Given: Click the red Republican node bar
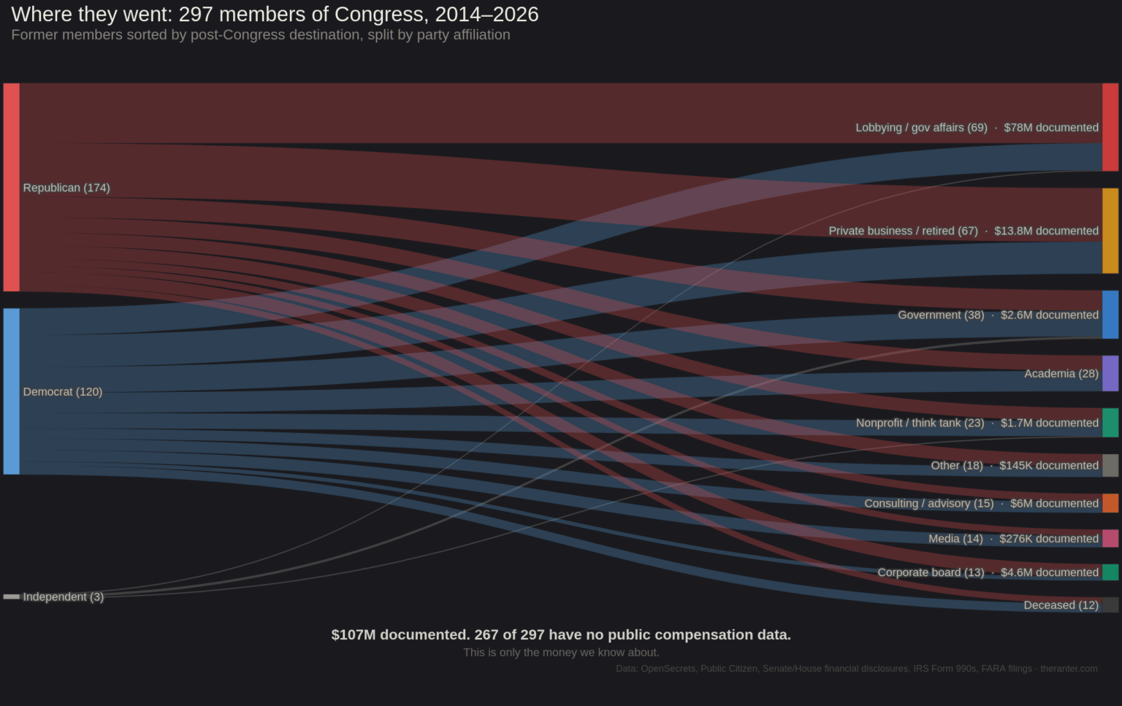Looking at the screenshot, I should [11, 187].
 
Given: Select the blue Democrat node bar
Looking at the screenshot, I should [11, 391].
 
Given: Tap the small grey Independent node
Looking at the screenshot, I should [11, 596].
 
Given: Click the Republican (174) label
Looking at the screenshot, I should [66, 188].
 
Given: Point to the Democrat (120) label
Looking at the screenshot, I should [63, 391].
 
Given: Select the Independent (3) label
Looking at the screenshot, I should [64, 596].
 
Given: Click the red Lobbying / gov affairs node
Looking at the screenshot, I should [1110, 127].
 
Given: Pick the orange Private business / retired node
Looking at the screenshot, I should [1110, 231].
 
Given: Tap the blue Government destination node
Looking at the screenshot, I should [1110, 315].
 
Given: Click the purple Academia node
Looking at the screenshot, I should [1110, 373].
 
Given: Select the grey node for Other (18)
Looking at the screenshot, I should [1110, 465].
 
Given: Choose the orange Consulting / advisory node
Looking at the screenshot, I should [1110, 503].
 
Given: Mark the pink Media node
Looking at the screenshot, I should [1110, 538].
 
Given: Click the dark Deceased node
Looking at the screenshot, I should [1110, 605].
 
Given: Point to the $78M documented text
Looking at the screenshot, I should [1051, 128].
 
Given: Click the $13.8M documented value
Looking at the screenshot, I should [1046, 231].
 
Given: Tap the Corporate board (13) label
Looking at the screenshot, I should [931, 572].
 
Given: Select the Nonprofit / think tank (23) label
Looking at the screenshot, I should [920, 423].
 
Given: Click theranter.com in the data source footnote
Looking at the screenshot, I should [1069, 669].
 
